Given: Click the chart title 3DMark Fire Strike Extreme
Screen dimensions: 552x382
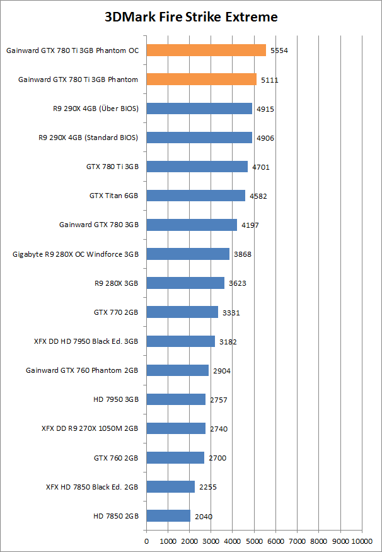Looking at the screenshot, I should coord(191,17).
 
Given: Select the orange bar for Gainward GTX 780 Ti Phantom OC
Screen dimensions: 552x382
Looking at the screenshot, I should coord(206,50).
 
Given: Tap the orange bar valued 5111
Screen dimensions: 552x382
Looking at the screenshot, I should coord(202,79).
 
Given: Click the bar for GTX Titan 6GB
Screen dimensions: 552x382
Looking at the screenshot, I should coord(196,196).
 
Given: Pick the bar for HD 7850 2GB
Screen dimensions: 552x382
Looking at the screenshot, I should coord(168,516).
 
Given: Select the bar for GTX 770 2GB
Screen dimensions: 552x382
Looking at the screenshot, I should coord(182,312).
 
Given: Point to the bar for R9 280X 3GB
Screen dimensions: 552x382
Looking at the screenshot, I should coord(185,283).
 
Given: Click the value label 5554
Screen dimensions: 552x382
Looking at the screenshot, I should coord(279,50).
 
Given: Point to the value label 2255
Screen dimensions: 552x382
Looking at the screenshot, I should coord(208,487).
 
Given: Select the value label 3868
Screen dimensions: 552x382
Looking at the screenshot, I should coord(243,254).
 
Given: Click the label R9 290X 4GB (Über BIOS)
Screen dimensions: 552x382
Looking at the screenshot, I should coord(96,109).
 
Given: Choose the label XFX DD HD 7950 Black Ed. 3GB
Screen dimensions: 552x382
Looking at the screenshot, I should coord(86,341).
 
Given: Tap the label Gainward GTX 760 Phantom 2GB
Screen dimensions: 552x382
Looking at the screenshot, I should coord(82,370).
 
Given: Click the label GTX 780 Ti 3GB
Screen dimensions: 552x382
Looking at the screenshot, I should coord(112,167).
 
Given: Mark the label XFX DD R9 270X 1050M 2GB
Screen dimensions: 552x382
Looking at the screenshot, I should coord(90,428).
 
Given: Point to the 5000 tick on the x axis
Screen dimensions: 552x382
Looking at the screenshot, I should coord(254,541).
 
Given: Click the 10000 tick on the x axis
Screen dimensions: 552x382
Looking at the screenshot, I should coord(362,541).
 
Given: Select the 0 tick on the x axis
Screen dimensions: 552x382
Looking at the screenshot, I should coord(147,541).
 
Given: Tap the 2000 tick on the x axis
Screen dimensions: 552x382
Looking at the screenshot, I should coord(190,541).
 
